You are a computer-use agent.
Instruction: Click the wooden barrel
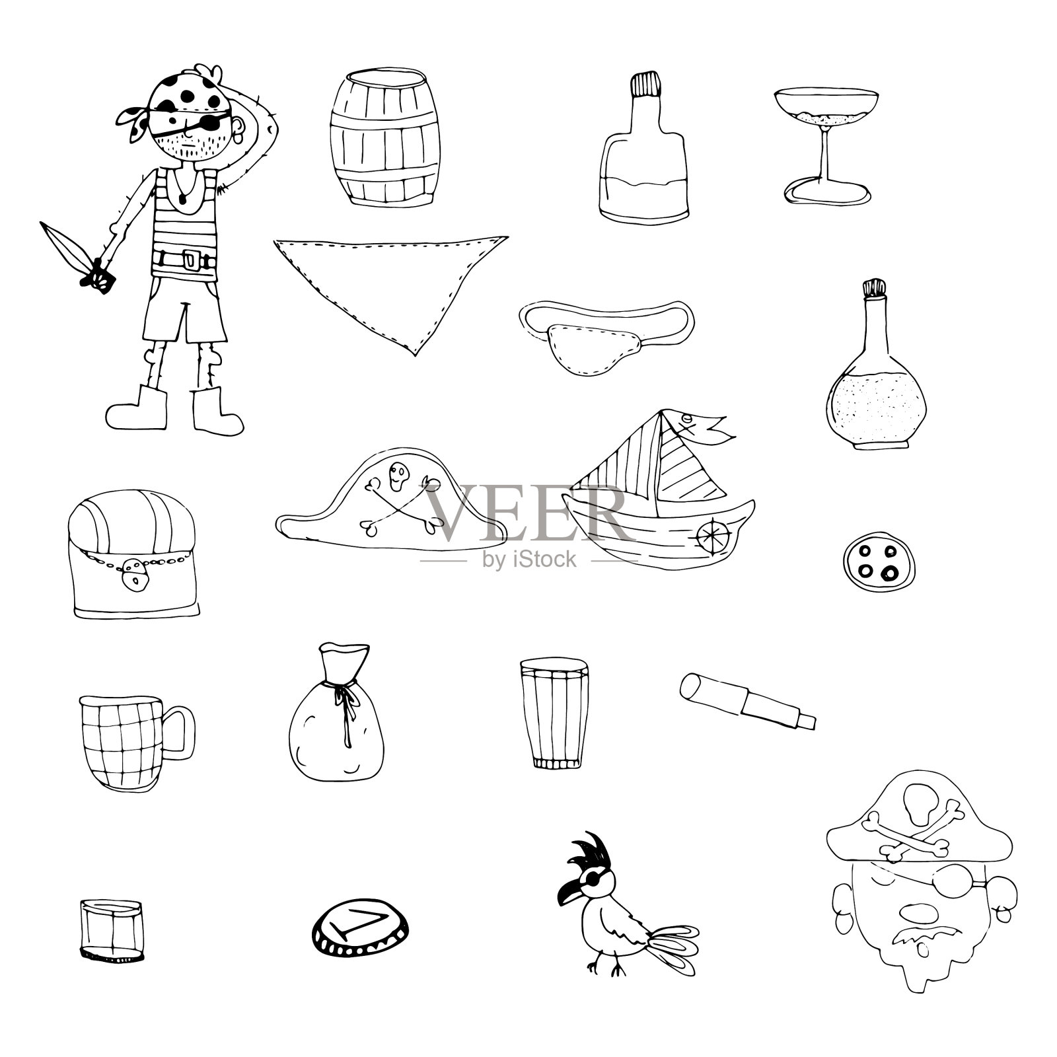[x=384, y=129]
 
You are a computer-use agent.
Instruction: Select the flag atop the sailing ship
[x=700, y=426]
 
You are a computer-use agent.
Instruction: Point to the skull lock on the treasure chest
[x=135, y=572]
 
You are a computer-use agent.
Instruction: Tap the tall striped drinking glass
[x=554, y=713]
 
